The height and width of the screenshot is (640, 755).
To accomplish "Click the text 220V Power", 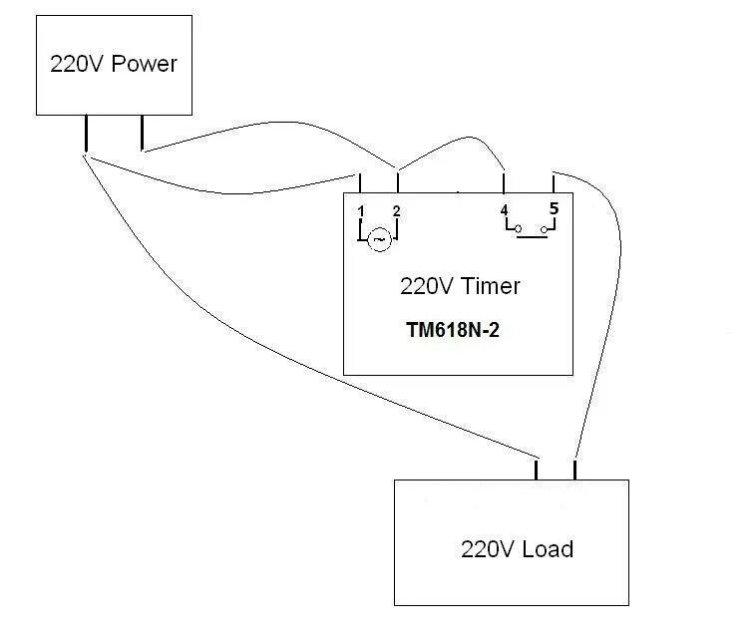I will (x=113, y=64).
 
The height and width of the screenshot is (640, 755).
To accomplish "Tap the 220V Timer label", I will (x=460, y=286).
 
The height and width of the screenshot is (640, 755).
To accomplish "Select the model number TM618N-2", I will (x=453, y=330).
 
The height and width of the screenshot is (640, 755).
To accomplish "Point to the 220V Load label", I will (x=517, y=548).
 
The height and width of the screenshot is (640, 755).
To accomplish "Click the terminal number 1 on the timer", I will (x=360, y=210).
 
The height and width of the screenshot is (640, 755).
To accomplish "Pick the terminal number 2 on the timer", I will (x=397, y=210).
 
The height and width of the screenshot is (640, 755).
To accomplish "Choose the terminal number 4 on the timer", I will (x=505, y=210).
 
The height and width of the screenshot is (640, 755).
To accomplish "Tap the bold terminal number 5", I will (x=555, y=209).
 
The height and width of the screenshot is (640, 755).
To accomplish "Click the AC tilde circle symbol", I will (x=378, y=239).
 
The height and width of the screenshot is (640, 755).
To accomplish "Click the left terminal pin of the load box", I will (x=538, y=470).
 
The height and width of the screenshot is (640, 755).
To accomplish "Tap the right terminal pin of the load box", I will (x=575, y=470).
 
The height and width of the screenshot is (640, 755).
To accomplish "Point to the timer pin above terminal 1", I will (x=360, y=182).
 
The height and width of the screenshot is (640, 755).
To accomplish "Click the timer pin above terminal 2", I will (x=397, y=182).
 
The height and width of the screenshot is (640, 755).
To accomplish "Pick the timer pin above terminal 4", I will (x=505, y=182).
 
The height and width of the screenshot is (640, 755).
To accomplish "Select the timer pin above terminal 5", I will (x=554, y=182).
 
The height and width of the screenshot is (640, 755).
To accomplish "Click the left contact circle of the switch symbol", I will (x=517, y=231).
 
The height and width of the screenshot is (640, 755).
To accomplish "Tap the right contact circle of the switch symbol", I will (x=544, y=231).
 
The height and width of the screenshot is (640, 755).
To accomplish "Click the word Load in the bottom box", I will (x=547, y=548).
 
